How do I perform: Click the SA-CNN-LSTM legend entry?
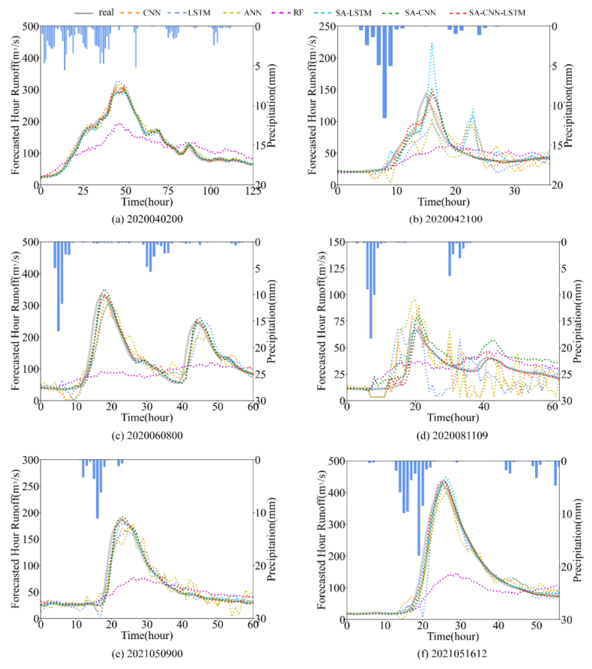click(x=496, y=13)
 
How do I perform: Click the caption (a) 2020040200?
click(x=147, y=219)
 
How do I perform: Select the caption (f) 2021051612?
click(x=452, y=654)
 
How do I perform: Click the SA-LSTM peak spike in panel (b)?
click(x=432, y=43)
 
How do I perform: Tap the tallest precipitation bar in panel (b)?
click(x=384, y=72)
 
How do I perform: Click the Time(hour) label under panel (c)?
click(x=147, y=418)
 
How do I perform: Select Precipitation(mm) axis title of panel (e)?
click(x=272, y=540)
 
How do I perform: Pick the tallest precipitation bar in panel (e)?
click(x=97, y=489)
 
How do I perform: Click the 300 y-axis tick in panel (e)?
click(x=30, y=460)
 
